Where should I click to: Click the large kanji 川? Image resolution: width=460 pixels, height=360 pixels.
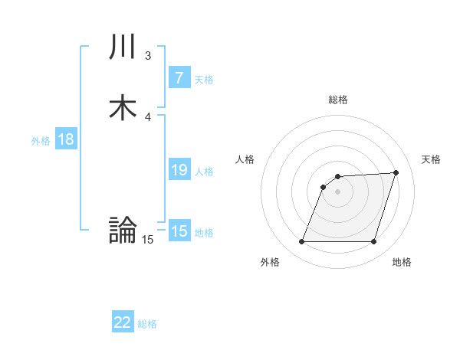tap(123, 47)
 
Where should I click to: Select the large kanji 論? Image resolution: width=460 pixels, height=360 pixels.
tap(123, 230)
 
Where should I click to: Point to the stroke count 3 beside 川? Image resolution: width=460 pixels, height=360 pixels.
tap(148, 56)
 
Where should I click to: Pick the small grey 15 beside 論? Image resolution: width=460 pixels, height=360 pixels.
tap(147, 240)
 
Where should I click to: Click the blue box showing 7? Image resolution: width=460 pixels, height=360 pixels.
tap(179, 77)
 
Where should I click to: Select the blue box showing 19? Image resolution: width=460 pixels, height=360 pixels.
tap(179, 170)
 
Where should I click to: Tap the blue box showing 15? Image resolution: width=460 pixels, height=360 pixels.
tap(179, 231)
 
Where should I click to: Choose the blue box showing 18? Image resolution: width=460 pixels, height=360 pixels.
tap(66, 139)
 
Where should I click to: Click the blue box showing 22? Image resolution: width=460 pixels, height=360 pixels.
tap(123, 322)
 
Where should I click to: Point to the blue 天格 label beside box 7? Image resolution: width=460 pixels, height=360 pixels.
tap(204, 79)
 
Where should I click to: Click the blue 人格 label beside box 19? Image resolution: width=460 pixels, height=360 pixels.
tap(204, 172)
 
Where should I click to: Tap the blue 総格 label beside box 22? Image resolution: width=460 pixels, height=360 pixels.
tap(147, 324)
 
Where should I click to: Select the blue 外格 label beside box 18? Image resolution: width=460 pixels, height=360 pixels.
tap(41, 141)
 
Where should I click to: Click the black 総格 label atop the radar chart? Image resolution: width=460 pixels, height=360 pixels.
tap(338, 100)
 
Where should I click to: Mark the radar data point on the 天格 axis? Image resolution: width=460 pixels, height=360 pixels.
tap(396, 172)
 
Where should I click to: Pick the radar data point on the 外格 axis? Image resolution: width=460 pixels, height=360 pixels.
tap(301, 242)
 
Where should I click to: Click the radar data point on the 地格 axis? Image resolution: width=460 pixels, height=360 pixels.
tap(373, 242)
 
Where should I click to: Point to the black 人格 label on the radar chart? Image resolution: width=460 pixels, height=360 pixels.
tap(245, 159)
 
